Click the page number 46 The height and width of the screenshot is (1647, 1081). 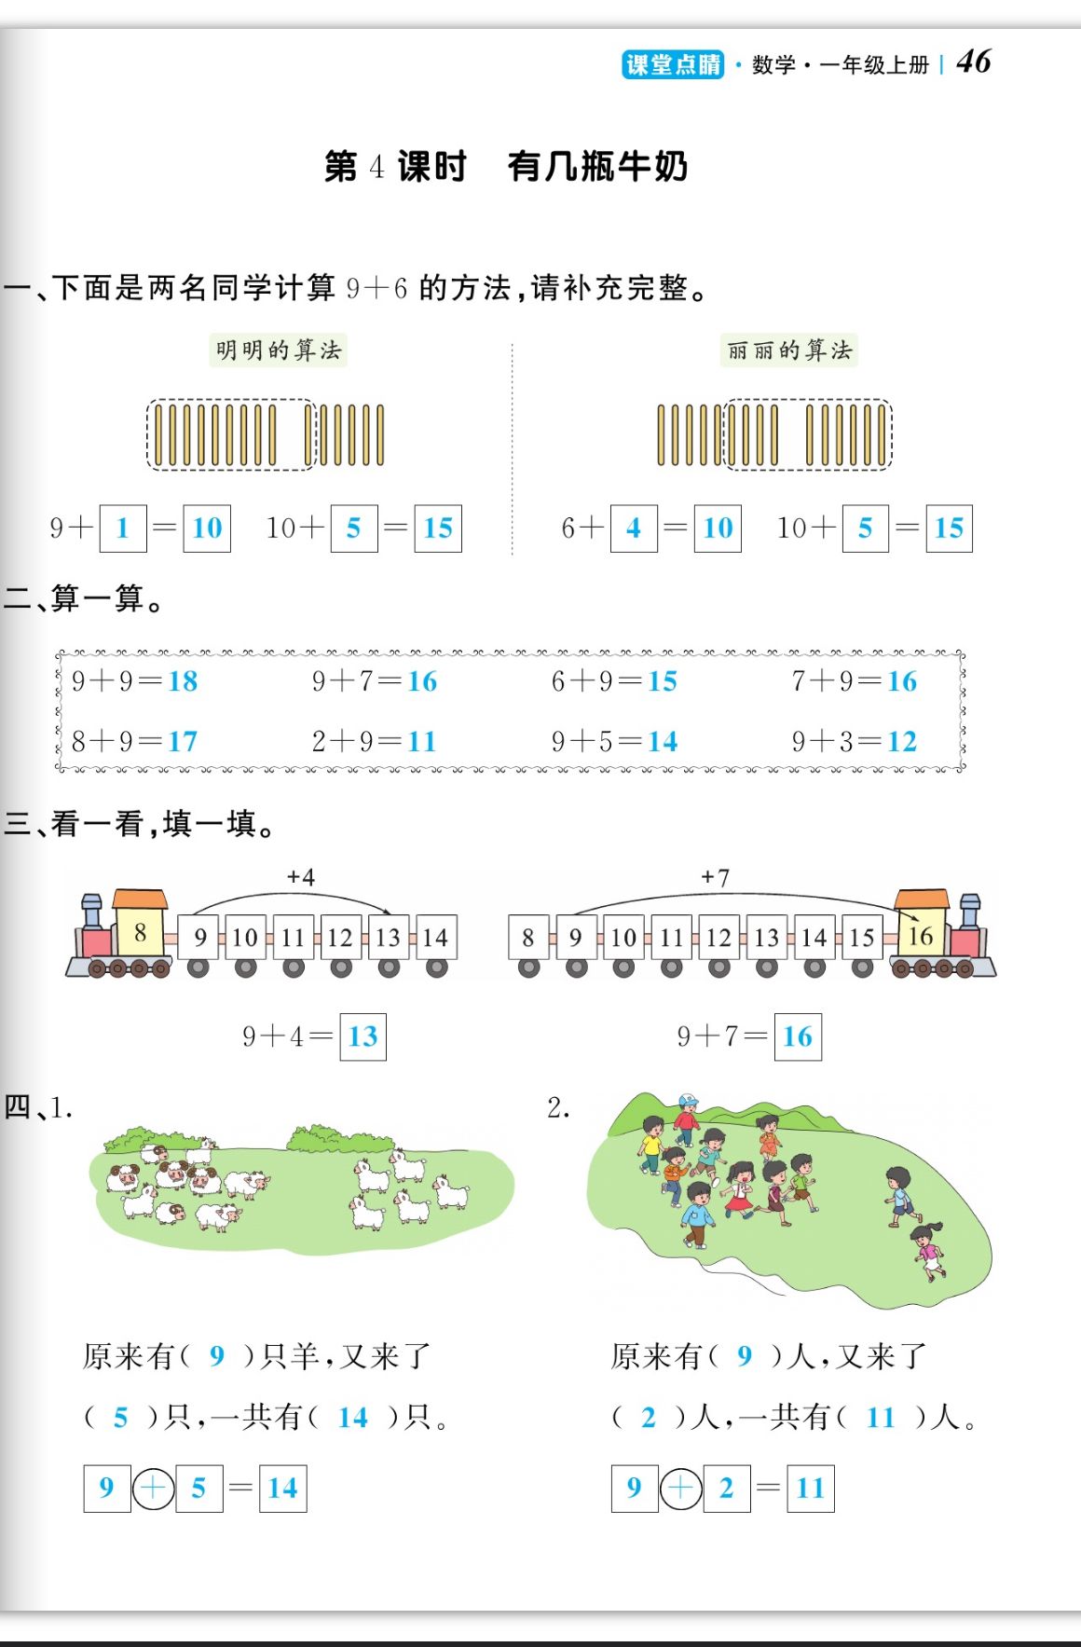coord(974,62)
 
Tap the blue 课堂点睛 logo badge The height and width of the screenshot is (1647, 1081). coord(672,64)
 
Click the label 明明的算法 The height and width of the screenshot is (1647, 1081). coord(279,350)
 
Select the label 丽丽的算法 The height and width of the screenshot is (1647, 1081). coord(788,350)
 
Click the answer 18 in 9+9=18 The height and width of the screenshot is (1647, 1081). coord(183,681)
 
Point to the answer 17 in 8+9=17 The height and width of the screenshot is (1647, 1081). coord(183,742)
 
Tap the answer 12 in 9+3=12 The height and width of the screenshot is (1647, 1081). coord(902,742)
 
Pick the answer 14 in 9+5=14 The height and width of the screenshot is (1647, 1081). coord(663,742)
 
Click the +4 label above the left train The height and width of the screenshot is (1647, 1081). coord(301,877)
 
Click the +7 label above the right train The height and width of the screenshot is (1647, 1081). coord(716,877)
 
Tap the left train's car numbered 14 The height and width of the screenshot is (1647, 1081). coord(435,938)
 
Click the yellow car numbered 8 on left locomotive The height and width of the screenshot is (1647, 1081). coord(140,933)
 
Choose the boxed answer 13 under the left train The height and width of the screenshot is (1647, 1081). coord(363,1036)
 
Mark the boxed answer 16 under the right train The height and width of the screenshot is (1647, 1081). coord(798,1036)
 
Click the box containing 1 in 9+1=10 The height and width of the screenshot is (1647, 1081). coord(122,528)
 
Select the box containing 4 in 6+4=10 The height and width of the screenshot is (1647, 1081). coord(634,528)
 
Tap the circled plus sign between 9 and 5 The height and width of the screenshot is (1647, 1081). coord(154,1489)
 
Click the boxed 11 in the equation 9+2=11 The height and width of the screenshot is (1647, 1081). coord(811,1489)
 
